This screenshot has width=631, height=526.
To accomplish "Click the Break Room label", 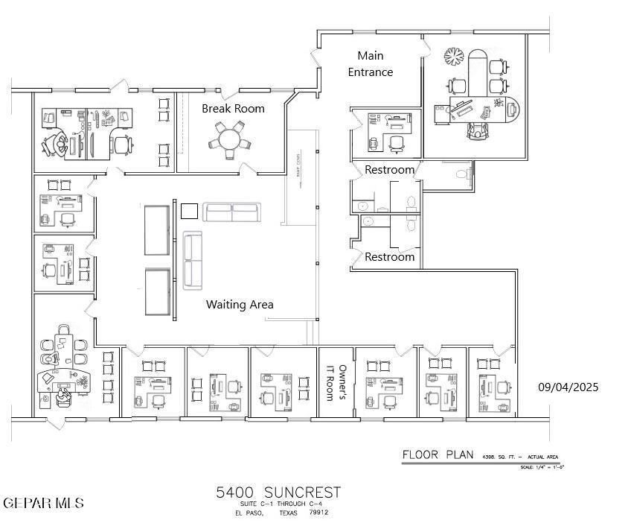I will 233,109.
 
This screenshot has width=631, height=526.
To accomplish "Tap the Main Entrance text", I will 371,64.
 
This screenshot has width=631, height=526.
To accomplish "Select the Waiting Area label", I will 240,304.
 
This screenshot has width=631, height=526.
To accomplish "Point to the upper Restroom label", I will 389,170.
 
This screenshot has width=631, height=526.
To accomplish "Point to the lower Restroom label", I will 389,257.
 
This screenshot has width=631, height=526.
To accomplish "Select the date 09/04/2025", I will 568,387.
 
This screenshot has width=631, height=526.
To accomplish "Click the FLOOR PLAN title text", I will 438,454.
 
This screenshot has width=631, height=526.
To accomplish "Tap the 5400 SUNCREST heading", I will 278,492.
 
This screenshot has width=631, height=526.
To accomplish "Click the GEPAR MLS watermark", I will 43,503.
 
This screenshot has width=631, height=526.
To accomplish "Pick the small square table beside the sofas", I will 189,212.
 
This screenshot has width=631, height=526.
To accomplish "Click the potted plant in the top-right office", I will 453,57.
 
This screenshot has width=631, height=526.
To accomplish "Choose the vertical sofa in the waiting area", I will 193,259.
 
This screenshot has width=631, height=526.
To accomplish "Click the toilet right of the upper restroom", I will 461,174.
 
